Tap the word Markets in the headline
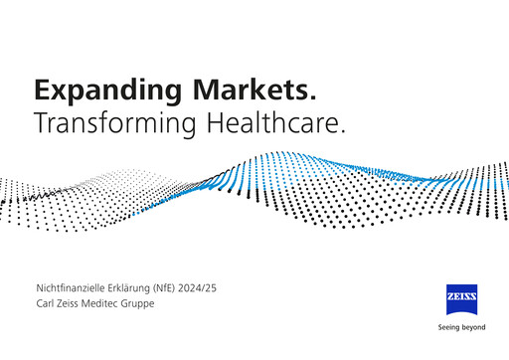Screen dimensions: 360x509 (255, 90)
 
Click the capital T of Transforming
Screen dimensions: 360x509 (41, 122)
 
